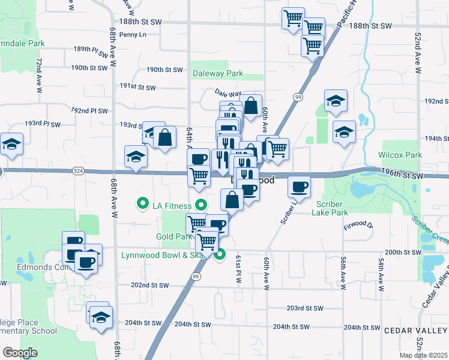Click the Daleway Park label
[217, 74]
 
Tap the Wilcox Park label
[400, 154]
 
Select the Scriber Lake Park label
[331, 208]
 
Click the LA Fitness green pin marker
[143, 205]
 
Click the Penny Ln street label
[133, 34]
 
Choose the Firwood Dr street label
[358, 226]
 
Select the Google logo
[20, 353]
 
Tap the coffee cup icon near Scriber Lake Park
[298, 187]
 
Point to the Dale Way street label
[228, 94]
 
